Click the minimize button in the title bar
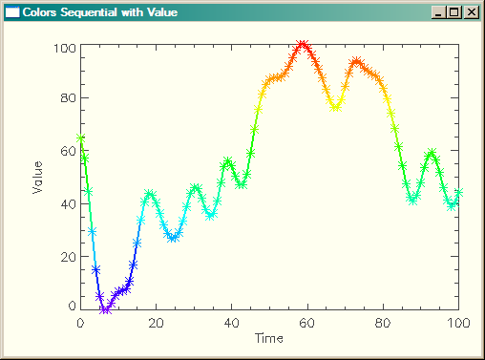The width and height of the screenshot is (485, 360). click(439, 12)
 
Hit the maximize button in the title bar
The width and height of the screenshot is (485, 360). click(454, 12)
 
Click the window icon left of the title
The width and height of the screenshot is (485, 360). click(12, 12)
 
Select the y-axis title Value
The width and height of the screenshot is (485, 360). click(37, 177)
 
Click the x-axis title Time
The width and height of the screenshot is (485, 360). click(269, 338)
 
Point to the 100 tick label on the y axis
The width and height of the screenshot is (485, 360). click(65, 48)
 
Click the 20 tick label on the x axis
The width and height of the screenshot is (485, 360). click(156, 324)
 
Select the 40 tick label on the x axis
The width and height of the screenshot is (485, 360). click(231, 324)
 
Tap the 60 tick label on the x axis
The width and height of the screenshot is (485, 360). click(306, 324)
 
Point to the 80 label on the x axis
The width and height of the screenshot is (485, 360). click(382, 324)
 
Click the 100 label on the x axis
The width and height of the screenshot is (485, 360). click(458, 324)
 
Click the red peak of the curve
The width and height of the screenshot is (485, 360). click(303, 45)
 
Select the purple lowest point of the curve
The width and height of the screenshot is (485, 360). click(105, 308)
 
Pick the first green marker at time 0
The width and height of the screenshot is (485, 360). click(81, 138)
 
